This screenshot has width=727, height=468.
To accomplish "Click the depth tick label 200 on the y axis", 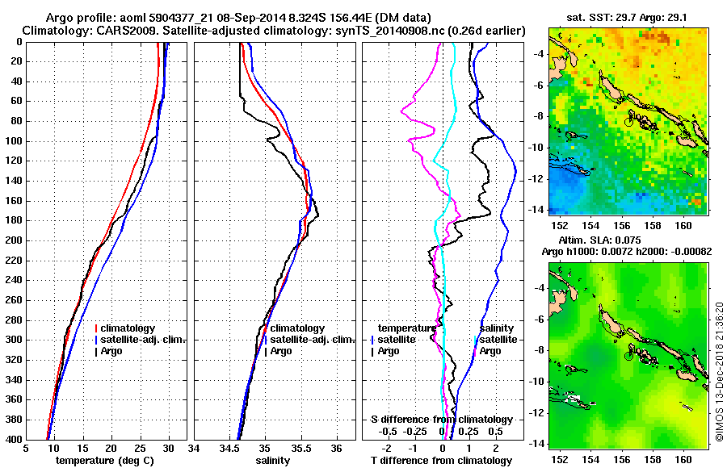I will click(x=14, y=240).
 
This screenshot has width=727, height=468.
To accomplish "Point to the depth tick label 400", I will click(x=14, y=439).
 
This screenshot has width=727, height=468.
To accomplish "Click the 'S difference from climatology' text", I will click(x=441, y=420).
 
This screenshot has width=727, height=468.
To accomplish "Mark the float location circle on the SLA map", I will click(x=630, y=354).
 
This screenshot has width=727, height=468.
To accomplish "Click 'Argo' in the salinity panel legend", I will click(x=281, y=351).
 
